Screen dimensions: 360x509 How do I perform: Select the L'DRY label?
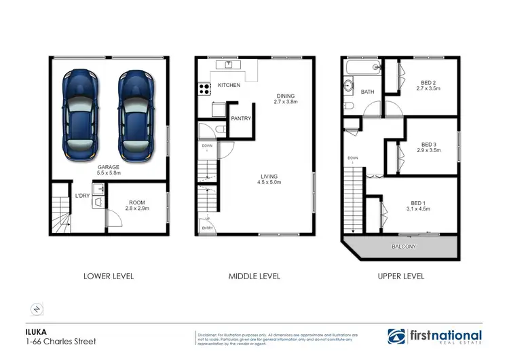83,196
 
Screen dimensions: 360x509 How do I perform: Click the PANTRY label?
241,118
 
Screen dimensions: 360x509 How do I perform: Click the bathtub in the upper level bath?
360,68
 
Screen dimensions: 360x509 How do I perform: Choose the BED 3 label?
428,147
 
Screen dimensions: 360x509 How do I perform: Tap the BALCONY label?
403,246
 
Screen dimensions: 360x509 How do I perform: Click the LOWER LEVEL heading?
109,276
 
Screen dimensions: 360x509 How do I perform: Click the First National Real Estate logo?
434,336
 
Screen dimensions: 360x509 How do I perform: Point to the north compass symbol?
37,309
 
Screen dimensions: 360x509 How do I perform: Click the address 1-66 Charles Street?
56,341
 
